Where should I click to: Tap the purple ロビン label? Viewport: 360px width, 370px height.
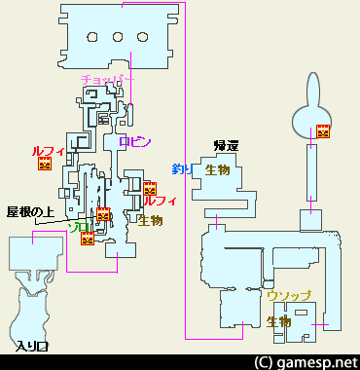tap(134, 141)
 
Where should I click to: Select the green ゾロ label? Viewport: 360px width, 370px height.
tap(81, 227)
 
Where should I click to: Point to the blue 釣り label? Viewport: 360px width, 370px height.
tap(182, 169)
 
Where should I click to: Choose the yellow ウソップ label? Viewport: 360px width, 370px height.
tap(288, 295)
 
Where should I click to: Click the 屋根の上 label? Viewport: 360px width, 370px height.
tap(27, 210)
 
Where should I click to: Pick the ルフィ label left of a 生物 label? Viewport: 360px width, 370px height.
tap(160, 202)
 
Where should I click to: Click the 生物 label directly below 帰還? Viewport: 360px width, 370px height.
tap(218, 169)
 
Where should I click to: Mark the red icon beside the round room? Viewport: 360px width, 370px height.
tap(323, 132)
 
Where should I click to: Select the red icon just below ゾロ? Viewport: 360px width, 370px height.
tap(88, 239)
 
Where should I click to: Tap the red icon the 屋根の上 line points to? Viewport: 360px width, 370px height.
tap(103, 216)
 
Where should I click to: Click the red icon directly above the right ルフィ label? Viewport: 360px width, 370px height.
tap(149, 188)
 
